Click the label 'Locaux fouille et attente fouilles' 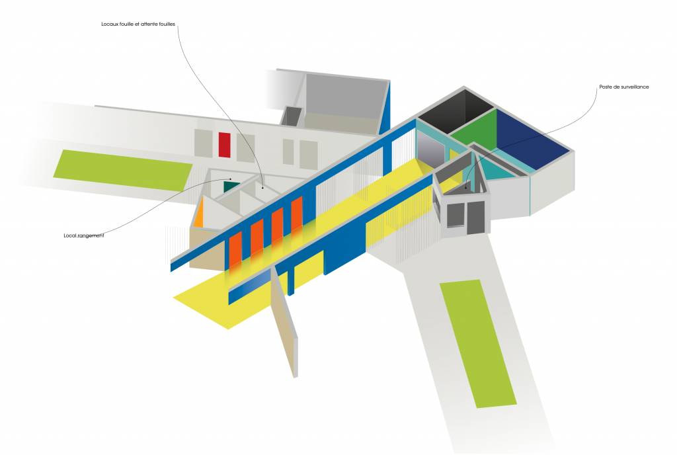click(138, 24)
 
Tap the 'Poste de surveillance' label click(624, 87)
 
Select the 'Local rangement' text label click(84, 235)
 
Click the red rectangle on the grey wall click(225, 145)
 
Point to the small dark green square click(230, 186)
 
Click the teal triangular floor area click(496, 169)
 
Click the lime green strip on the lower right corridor click(478, 344)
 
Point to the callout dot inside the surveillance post click(465, 188)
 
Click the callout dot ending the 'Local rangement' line click(231, 179)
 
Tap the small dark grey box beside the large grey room click(291, 116)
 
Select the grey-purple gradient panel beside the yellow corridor click(430, 149)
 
